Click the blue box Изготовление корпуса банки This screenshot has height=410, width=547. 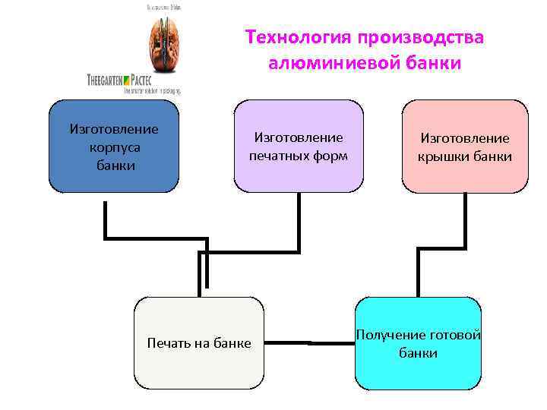[x=114, y=146]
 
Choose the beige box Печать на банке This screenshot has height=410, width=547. [x=199, y=343]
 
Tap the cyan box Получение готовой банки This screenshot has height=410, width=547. [x=418, y=343]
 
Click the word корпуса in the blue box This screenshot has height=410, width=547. [x=114, y=146]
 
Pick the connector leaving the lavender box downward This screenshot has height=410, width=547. [x=299, y=220]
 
